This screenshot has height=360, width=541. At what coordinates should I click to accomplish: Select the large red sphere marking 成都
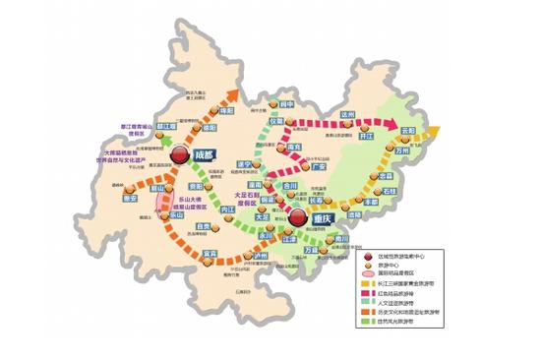click(180, 155)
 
